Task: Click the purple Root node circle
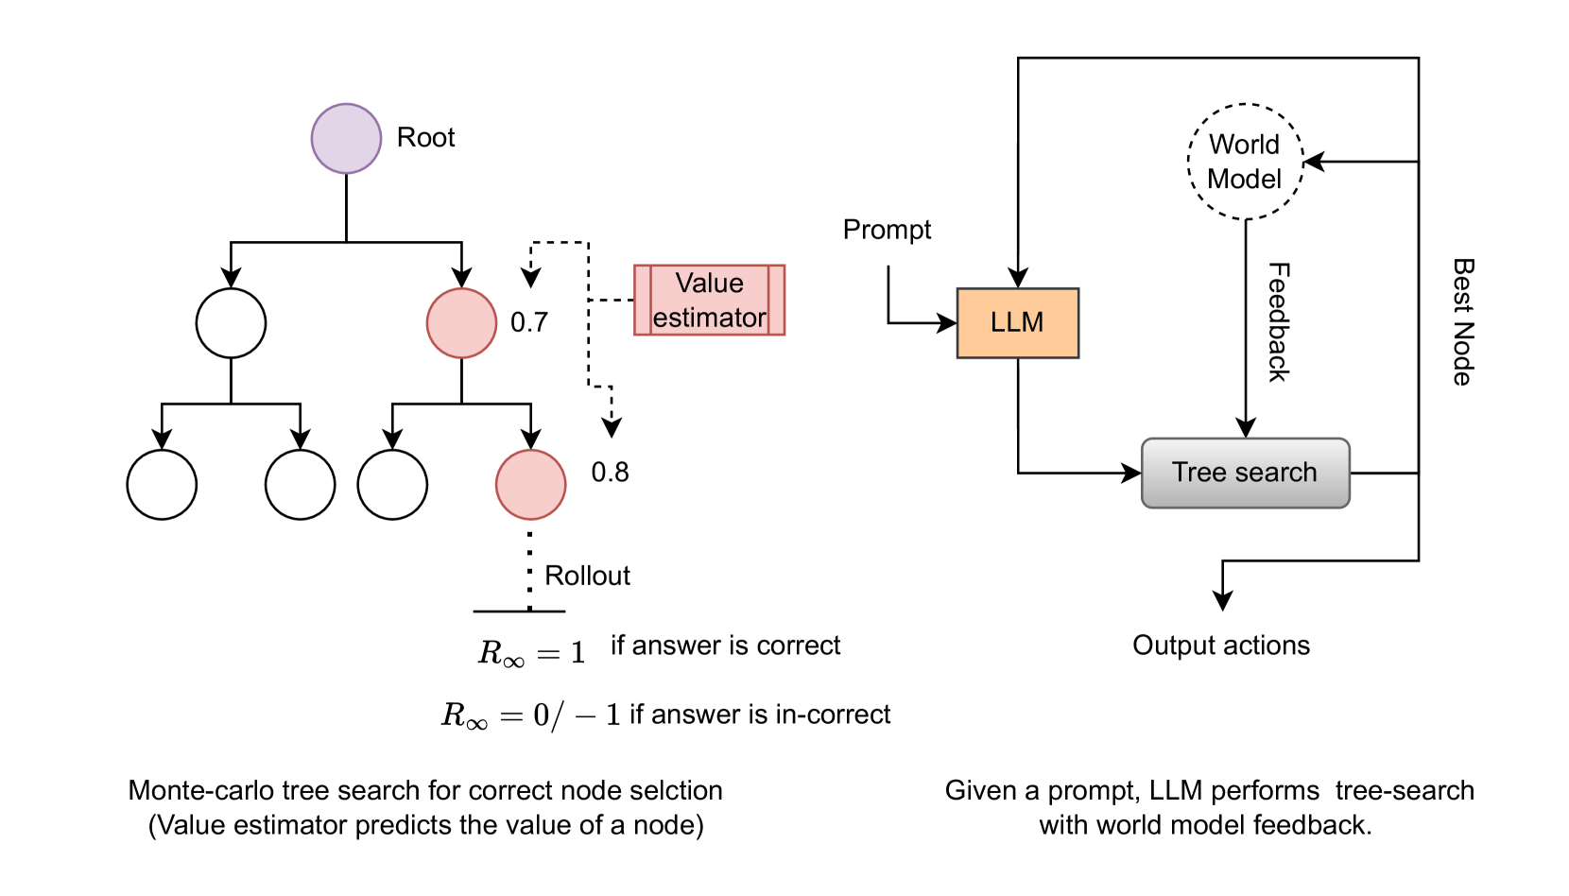click(346, 138)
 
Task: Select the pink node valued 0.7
click(461, 323)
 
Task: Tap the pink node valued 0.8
click(530, 484)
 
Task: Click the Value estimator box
click(709, 301)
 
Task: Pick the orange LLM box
click(1017, 323)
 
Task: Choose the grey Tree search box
click(1245, 473)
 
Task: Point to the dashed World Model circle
click(1245, 162)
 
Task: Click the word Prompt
click(887, 230)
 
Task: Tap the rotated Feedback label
click(1278, 322)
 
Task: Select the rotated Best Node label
click(1463, 322)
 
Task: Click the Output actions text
click(1221, 646)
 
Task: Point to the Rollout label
click(587, 576)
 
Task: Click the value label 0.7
click(529, 323)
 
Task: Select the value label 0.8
click(610, 473)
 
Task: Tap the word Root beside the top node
click(425, 138)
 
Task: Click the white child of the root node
click(231, 323)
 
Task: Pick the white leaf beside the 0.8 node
click(392, 484)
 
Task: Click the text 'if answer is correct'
click(725, 646)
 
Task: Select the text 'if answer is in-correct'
click(760, 715)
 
